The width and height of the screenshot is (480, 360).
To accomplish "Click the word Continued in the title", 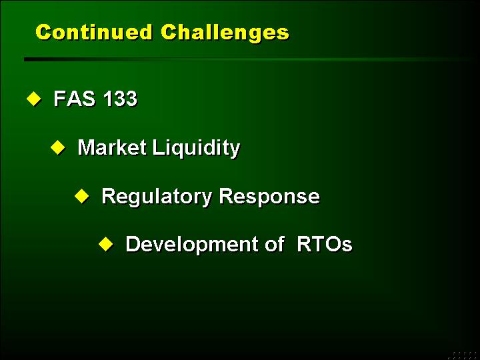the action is coord(94,32).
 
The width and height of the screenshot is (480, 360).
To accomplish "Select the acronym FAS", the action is coord(74,99).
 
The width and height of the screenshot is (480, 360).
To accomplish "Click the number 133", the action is coord(120,99).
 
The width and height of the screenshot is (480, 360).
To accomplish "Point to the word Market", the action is coord(111,147).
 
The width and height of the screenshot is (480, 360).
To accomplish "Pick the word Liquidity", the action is coord(196,149).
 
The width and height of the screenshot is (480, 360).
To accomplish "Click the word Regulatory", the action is coord(157,197).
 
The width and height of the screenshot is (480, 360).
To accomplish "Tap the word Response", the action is coord(269,197).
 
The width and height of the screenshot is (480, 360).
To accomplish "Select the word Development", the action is coord(191,245).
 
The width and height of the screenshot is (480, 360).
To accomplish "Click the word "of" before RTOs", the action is coord(274,244).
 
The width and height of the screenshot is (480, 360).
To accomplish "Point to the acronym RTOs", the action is coord(325,244).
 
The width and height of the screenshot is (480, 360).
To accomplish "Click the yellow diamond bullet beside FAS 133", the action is coord(34,99).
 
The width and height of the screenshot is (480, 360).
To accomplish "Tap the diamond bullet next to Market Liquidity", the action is coord(58,147).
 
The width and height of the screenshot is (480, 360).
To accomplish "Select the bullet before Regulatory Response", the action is coord(82,196).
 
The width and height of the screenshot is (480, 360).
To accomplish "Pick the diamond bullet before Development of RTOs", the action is coord(106,244).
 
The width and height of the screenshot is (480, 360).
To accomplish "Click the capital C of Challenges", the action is coord(169,32).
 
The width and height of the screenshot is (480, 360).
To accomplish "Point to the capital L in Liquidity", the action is coord(157,147).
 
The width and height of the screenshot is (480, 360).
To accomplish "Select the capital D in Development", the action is coord(133,244).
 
